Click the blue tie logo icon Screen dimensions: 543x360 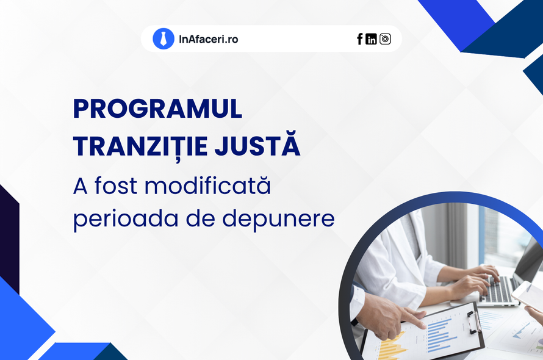pos(164,38)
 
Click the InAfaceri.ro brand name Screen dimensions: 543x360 pos(209,39)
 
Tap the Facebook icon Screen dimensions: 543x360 pos(360,39)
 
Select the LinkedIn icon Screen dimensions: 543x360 pos(371,39)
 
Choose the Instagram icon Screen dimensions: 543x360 pos(385,39)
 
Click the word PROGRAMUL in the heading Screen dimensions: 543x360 pos(157,109)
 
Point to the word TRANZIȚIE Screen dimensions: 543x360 pos(140,145)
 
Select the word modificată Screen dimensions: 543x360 pos(208,185)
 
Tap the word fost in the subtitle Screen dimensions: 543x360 pos(116,185)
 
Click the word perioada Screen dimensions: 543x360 pos(126,219)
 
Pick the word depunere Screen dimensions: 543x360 pos(278,219)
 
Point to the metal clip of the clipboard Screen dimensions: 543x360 pos(473,321)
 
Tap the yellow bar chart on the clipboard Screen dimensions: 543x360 pos(392,347)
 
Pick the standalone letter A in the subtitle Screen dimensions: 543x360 pos(81,187)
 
